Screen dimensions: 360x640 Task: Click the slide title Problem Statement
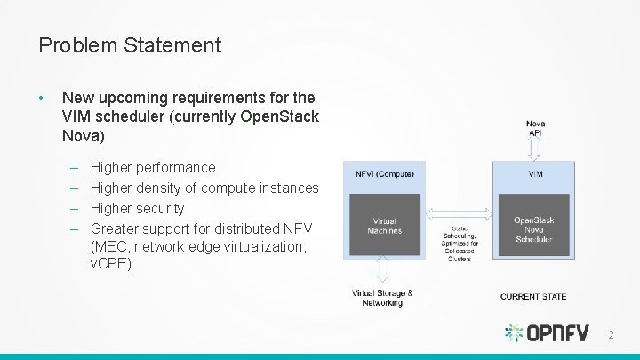coord(130,44)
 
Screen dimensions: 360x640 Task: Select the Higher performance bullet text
coord(153,167)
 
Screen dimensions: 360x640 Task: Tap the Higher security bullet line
coord(138,208)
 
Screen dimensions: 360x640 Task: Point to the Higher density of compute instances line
coord(204,188)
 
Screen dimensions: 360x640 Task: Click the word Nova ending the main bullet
coord(83,137)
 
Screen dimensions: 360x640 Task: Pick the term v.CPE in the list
coord(111,263)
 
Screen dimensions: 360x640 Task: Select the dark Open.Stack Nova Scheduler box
coord(533,229)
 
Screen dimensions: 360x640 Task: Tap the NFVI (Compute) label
coord(384,174)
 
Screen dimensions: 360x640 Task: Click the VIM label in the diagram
coord(535,174)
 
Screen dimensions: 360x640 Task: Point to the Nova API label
coord(535,128)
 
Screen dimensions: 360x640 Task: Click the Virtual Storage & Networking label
coord(382,298)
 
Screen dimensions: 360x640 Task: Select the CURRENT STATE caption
coord(533,296)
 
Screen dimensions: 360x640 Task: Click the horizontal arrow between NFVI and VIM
coord(460,213)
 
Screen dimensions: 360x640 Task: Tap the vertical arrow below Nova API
coord(535,148)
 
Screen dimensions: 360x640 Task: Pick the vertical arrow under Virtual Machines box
coord(382,268)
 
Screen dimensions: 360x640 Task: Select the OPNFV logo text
coord(558,333)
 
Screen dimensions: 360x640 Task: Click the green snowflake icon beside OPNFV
coord(515,333)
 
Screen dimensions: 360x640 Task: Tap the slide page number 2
coord(610,334)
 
